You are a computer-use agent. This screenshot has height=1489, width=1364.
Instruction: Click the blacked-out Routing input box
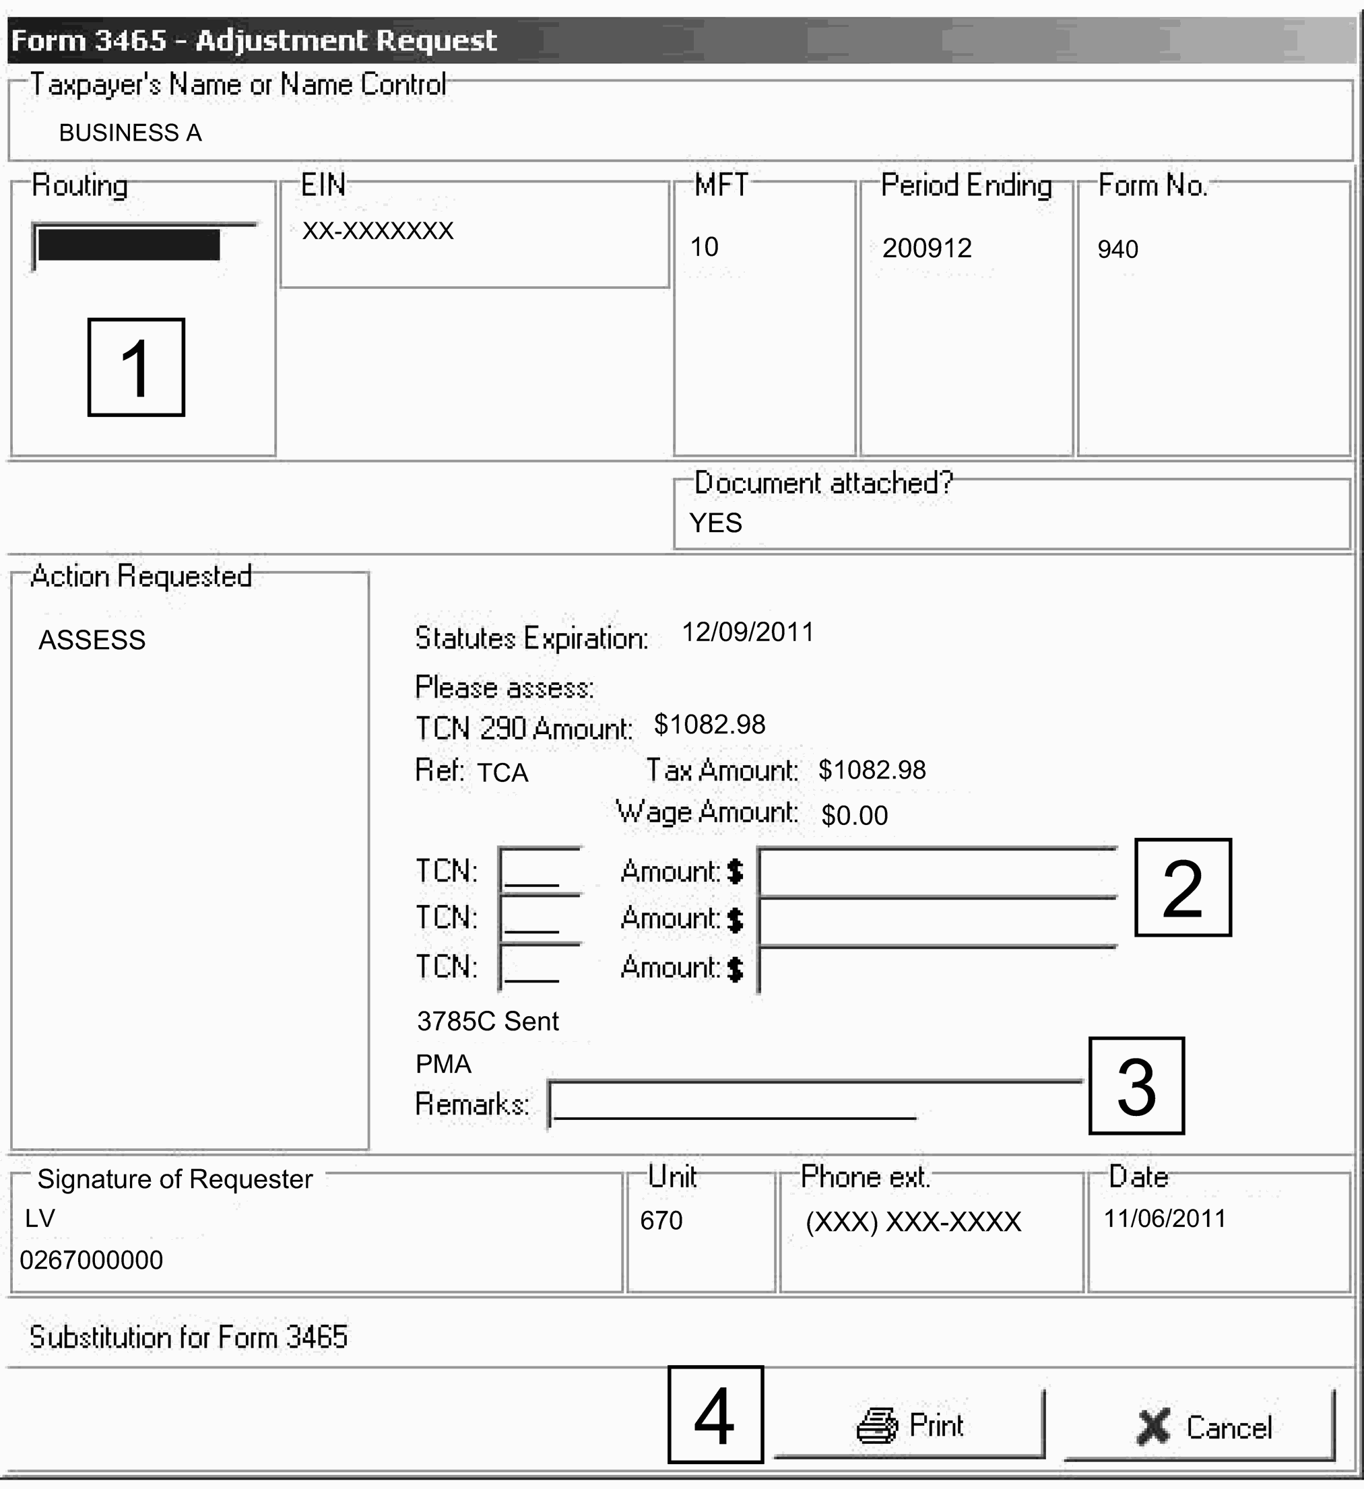(x=129, y=245)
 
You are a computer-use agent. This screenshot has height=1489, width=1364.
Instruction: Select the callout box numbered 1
(x=136, y=367)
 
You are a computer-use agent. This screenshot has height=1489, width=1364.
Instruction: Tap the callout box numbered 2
(x=1182, y=887)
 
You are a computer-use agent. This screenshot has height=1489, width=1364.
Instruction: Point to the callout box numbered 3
(x=1136, y=1085)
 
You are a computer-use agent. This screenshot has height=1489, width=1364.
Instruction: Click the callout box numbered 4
(x=715, y=1414)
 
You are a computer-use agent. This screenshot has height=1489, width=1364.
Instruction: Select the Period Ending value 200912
(x=927, y=248)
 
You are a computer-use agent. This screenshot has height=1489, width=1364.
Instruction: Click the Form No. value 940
(x=1117, y=250)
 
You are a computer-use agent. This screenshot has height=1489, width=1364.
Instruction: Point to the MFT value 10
(x=704, y=246)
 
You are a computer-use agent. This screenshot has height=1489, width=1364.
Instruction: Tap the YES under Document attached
(x=715, y=523)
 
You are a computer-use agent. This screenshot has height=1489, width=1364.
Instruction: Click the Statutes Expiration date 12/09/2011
(x=747, y=632)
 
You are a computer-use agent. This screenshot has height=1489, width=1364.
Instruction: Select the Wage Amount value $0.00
(x=854, y=816)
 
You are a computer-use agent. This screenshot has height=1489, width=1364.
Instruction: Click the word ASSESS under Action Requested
(x=92, y=640)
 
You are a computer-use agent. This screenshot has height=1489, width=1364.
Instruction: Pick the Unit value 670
(x=661, y=1220)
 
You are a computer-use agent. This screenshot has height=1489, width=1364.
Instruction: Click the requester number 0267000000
(x=92, y=1259)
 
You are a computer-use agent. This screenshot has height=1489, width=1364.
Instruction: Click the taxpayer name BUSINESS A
(x=130, y=133)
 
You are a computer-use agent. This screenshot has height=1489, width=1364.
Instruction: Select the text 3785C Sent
(x=488, y=1021)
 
